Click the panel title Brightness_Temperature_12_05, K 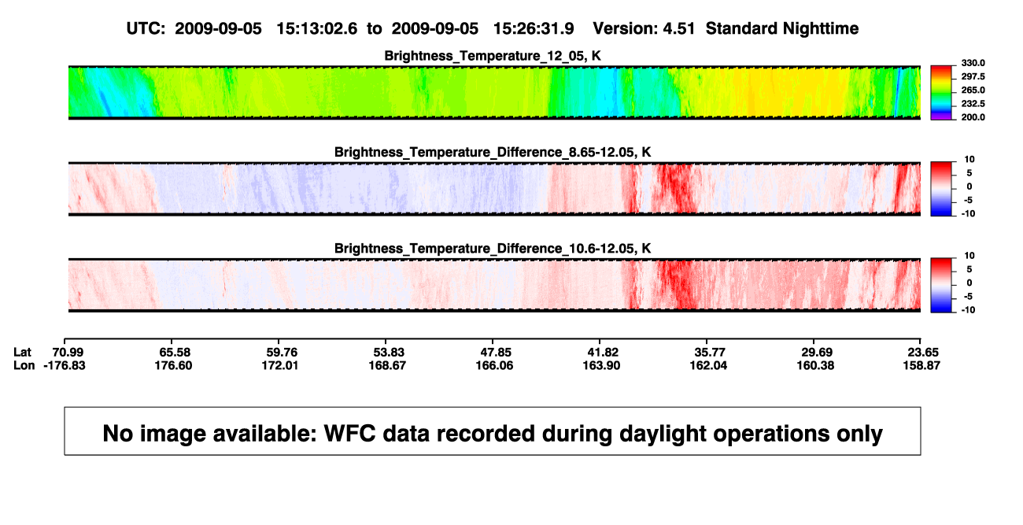point(493,56)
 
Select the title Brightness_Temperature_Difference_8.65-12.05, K point(493,152)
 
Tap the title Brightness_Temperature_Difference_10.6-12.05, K point(493,249)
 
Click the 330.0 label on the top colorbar point(973,63)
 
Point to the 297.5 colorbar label point(973,76)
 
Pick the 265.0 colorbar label point(973,90)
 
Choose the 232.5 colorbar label point(973,104)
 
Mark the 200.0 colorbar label point(973,117)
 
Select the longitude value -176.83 point(65,365)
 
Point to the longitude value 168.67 point(387,365)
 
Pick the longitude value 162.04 point(708,365)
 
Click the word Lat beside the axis point(22,353)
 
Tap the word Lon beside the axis point(24,365)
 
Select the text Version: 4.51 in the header point(644,28)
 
